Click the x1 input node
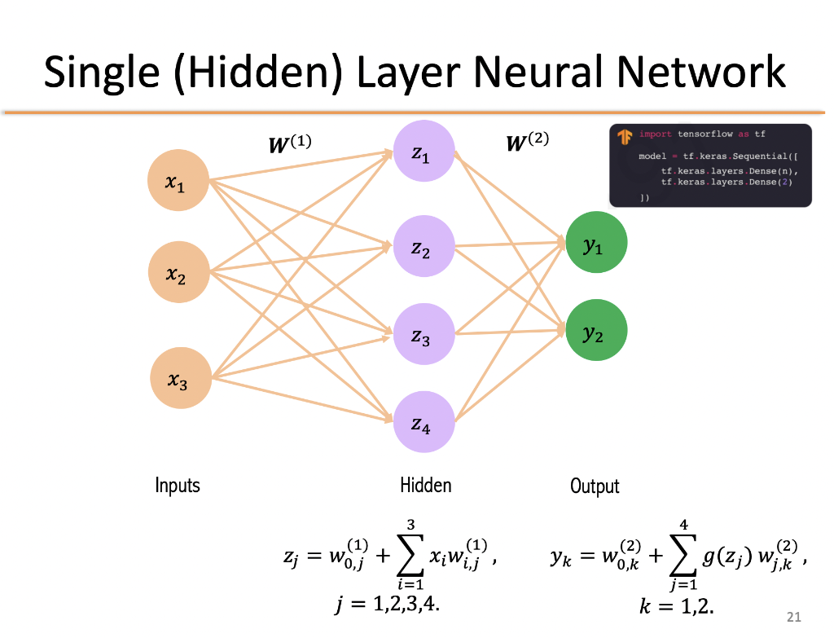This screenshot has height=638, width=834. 178,182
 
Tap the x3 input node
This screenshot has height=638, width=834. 180,377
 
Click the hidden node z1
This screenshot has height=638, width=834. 424,152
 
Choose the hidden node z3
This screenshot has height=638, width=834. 424,334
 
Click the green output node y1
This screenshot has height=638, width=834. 596,244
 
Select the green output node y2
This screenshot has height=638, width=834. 596,331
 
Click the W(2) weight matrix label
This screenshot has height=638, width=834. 527,142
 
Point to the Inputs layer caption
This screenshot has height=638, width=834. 178,486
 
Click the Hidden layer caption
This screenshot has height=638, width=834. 425,486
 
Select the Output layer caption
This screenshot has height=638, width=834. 595,486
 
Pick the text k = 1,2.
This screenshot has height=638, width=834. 677,605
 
